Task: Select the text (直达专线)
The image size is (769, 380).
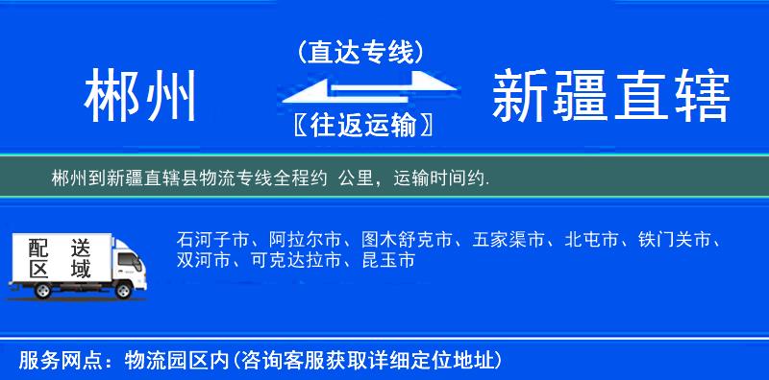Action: click(x=360, y=52)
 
